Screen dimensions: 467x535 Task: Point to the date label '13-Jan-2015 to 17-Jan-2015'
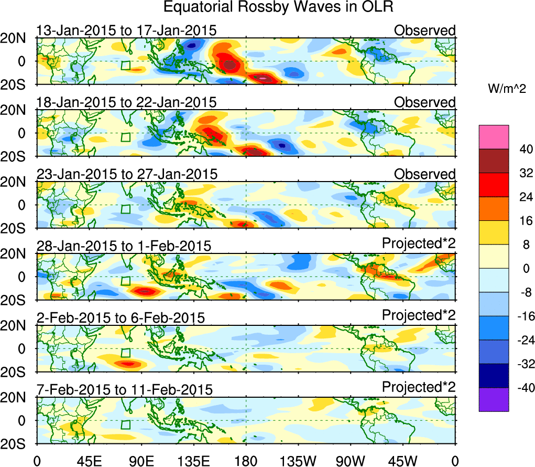(126, 30)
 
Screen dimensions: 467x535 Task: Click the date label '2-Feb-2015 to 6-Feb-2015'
(121, 317)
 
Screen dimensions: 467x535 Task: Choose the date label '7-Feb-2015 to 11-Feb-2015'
(125, 389)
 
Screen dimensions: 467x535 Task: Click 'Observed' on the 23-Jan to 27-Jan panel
(425, 174)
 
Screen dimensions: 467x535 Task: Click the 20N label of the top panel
(18, 38)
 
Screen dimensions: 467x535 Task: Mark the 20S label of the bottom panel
(18, 444)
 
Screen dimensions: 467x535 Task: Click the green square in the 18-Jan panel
(125, 137)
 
